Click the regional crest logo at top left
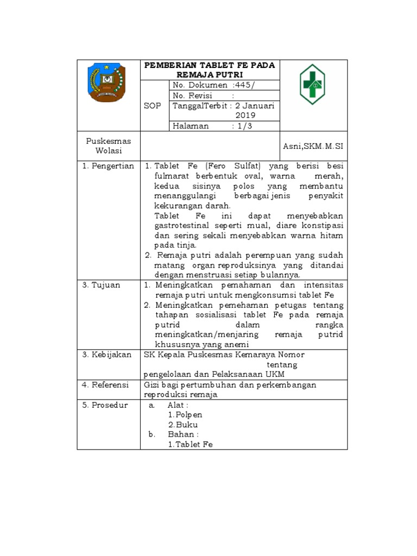(106, 82)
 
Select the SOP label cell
(153, 106)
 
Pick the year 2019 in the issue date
(245, 116)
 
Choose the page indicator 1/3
(244, 126)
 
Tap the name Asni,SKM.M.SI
(313, 147)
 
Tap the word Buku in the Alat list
(186, 425)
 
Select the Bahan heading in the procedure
(182, 434)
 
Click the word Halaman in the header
(191, 126)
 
